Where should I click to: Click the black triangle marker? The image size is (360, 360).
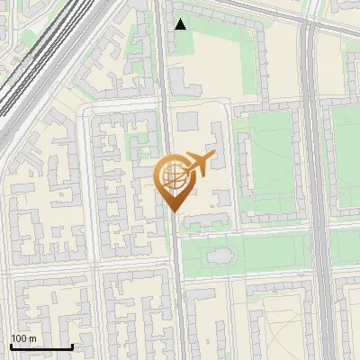(x=181, y=24)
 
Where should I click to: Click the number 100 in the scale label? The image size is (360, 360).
(x=19, y=338)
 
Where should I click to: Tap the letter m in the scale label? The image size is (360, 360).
(x=32, y=338)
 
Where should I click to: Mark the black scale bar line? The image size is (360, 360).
(x=41, y=346)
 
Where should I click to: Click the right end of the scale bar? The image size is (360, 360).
(x=72, y=346)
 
